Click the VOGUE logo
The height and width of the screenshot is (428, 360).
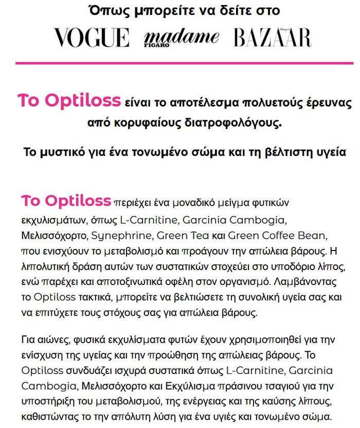[92, 39]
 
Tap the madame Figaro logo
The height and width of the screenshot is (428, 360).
[181, 38]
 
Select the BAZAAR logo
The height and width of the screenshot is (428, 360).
[272, 39]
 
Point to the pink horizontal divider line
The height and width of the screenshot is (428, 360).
[180, 63]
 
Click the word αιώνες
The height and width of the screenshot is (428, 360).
[57, 340]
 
